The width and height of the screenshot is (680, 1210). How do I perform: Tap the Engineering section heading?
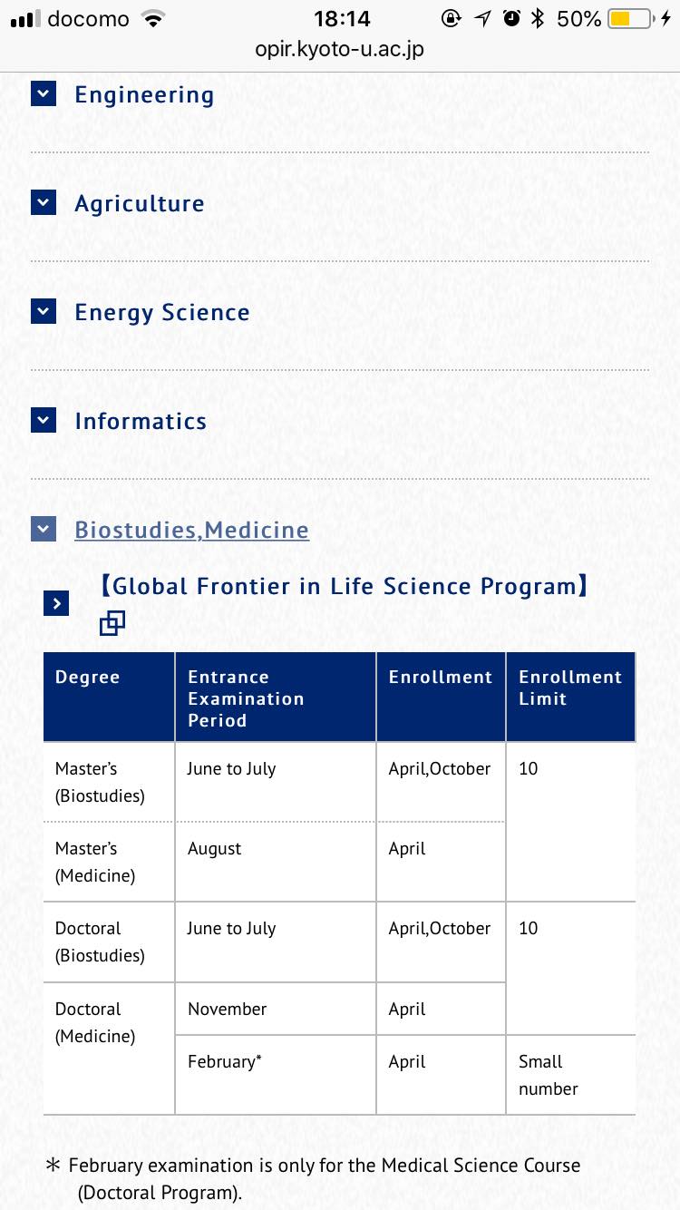pyautogui.click(x=144, y=94)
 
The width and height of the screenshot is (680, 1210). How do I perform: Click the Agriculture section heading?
pyautogui.click(x=140, y=203)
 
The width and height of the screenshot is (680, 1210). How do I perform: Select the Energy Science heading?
pyautogui.click(x=162, y=312)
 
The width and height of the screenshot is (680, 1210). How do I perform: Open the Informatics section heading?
pyautogui.click(x=141, y=421)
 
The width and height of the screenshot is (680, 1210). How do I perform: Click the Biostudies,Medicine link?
pyautogui.click(x=191, y=530)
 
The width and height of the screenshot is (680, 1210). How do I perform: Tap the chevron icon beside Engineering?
pyautogui.click(x=44, y=93)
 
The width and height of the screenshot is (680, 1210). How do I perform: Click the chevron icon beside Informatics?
pyautogui.click(x=44, y=420)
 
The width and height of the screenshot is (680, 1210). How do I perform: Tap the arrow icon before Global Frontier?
pyautogui.click(x=56, y=602)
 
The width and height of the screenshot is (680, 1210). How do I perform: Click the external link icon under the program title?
pyautogui.click(x=112, y=623)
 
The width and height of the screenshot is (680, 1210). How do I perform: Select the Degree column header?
pyautogui.click(x=87, y=677)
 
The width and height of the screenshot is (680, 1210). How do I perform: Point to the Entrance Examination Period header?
pyautogui.click(x=246, y=698)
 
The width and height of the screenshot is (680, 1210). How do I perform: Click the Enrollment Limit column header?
pyautogui.click(x=570, y=688)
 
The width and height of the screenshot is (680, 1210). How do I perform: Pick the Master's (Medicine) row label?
pyautogui.click(x=95, y=862)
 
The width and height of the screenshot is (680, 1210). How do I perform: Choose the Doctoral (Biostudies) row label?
pyautogui.click(x=100, y=942)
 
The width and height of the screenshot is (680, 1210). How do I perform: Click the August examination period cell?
pyautogui.click(x=215, y=849)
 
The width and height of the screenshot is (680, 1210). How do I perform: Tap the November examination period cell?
pyautogui.click(x=228, y=1009)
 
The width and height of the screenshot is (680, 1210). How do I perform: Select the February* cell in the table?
pyautogui.click(x=225, y=1061)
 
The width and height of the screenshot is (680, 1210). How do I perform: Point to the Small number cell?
pyautogui.click(x=548, y=1075)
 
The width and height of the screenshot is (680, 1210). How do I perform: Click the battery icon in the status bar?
pyautogui.click(x=630, y=18)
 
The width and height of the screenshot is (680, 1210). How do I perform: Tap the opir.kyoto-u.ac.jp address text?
pyautogui.click(x=340, y=49)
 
